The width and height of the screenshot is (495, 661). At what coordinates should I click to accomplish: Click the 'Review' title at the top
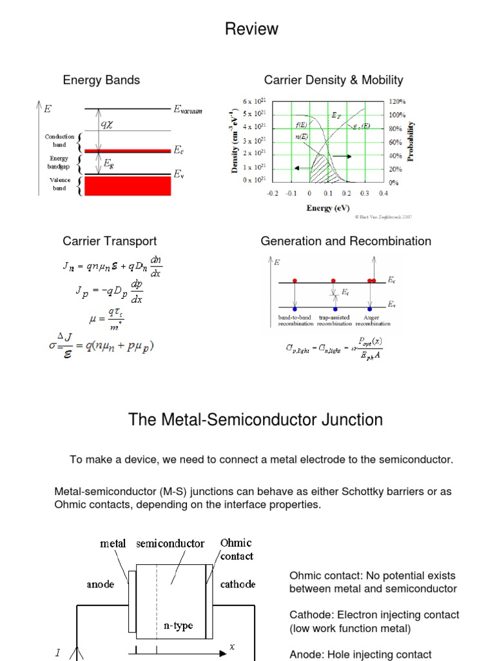[x=251, y=29]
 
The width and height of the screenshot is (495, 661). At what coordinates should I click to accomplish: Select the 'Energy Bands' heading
[x=101, y=80]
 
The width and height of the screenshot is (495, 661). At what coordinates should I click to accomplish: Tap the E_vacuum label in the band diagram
[x=188, y=110]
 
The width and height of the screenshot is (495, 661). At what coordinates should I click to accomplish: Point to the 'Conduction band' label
[x=60, y=141]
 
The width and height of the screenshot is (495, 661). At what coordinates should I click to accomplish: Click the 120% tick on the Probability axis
[x=398, y=101]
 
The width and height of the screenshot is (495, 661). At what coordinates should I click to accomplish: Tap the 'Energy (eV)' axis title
[x=329, y=208]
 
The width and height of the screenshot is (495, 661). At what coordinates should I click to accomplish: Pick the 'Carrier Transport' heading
[x=110, y=241]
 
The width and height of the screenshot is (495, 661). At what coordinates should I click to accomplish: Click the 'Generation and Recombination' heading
[x=345, y=241]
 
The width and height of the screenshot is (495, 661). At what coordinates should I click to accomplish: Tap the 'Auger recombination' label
[x=373, y=321]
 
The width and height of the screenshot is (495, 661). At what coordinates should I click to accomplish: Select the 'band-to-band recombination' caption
[x=296, y=321]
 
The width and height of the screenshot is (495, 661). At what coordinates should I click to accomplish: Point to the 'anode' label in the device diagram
[x=101, y=584]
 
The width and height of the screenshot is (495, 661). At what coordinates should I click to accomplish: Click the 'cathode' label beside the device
[x=238, y=584]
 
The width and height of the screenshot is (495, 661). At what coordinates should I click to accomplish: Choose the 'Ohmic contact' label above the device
[x=237, y=549]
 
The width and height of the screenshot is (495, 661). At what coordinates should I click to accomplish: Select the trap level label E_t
[x=345, y=292]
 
